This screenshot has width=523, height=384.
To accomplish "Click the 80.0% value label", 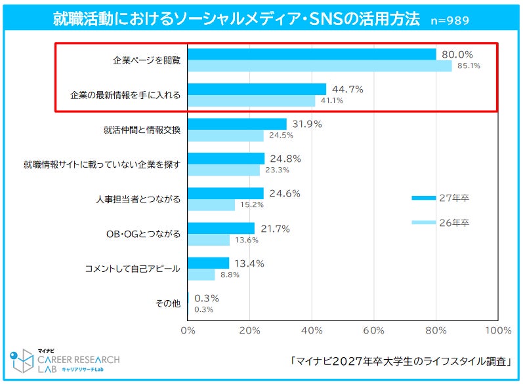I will (458, 54).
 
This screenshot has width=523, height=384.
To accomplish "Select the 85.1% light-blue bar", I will (320, 66).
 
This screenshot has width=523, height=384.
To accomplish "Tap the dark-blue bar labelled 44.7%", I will (257, 89).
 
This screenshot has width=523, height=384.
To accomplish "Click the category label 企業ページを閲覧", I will (146, 60).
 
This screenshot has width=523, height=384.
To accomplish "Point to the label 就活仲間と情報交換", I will (142, 130).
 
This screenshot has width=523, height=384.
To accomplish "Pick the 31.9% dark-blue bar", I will (237, 124).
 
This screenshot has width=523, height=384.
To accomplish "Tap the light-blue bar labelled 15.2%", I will (211, 205).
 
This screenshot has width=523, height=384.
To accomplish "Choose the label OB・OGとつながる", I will (143, 234).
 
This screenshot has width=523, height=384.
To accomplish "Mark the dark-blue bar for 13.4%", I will (209, 263).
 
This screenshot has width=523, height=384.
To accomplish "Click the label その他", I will (168, 303).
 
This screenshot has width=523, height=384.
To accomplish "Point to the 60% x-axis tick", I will (374, 329).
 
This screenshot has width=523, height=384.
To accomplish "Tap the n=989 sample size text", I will (450, 20).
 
